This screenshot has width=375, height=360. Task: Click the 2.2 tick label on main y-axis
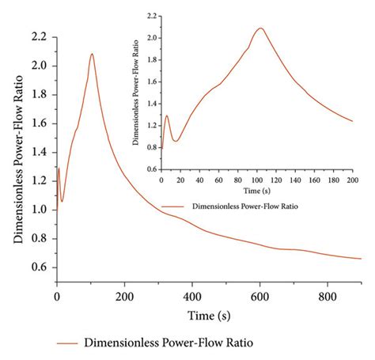(40, 37)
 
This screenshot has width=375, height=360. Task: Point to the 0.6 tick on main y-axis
(40, 267)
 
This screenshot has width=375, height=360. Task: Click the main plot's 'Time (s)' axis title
(209, 316)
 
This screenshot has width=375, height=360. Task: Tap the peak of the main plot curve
(92, 54)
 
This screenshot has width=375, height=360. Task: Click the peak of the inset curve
(259, 28)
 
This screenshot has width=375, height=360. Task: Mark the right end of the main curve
(362, 259)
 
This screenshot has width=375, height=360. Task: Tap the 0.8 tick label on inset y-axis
(151, 147)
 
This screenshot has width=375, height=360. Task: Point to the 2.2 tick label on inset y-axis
(151, 16)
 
